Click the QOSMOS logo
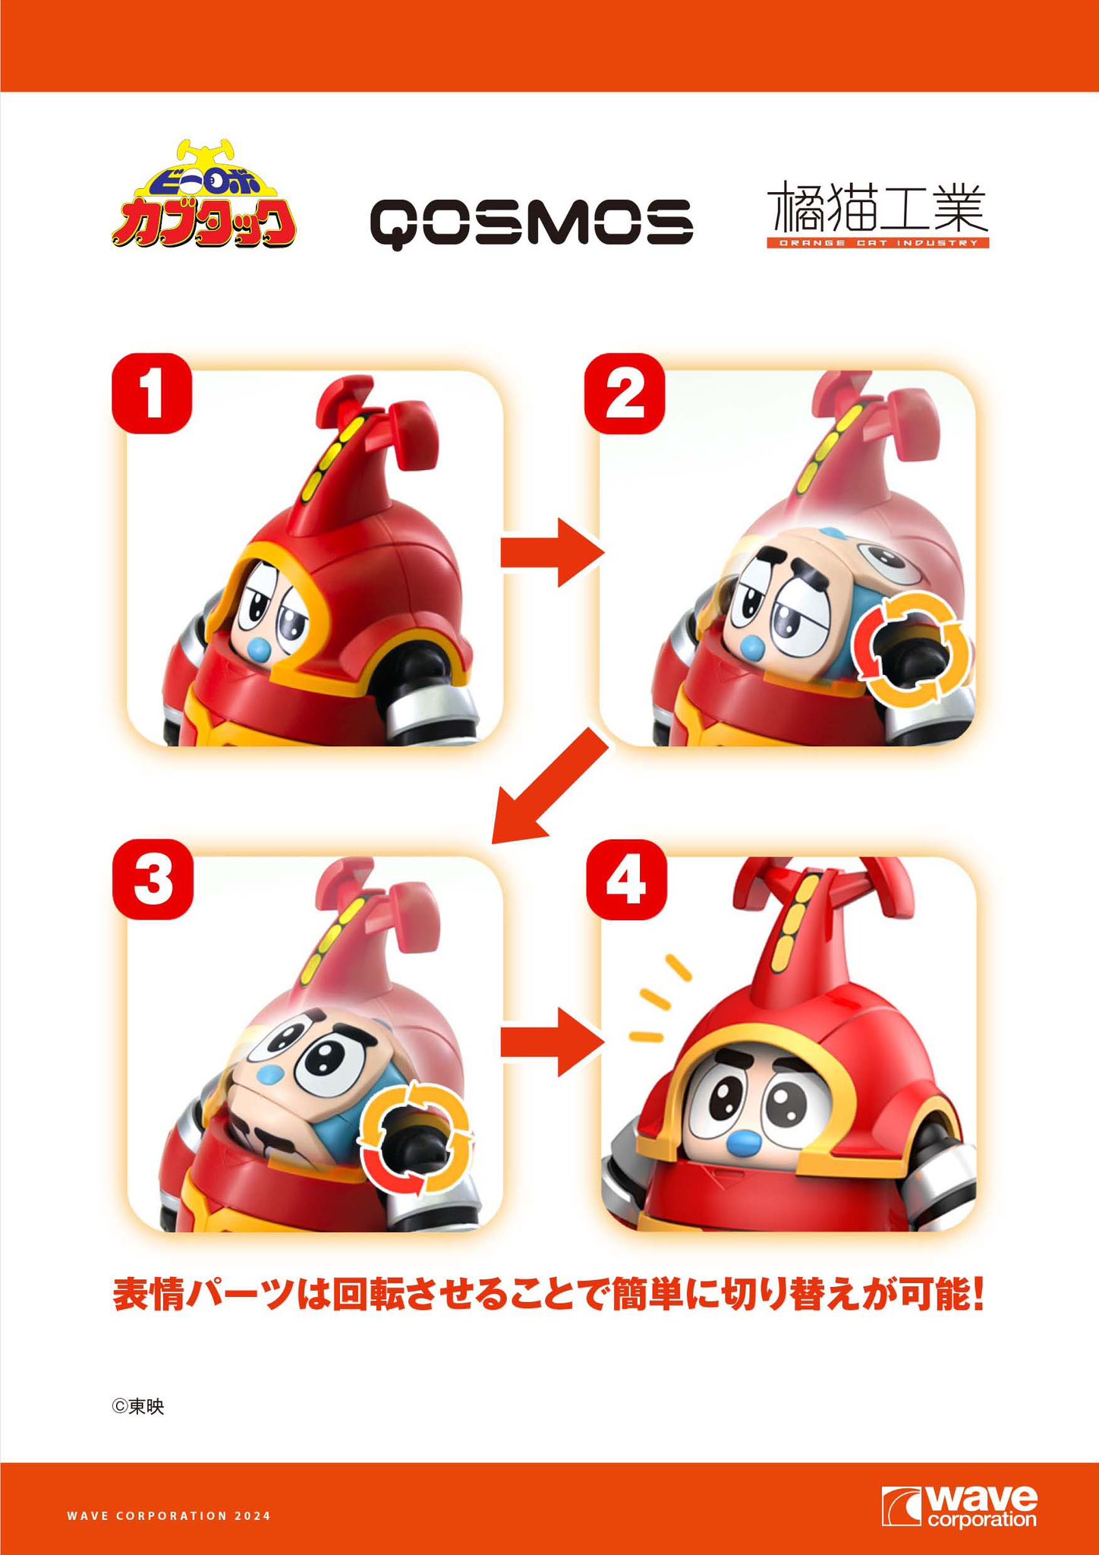coord(531,222)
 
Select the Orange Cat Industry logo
coord(877,213)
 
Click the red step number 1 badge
coord(152,393)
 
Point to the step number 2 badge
coord(624,393)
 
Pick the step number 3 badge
coord(153,879)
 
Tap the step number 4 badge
coord(626,879)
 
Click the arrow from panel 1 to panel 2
coord(552,553)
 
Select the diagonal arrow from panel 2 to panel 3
coord(550,786)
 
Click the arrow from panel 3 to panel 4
coord(552,1042)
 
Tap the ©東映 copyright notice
coord(138,1407)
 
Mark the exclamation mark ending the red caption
coord(977,1295)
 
